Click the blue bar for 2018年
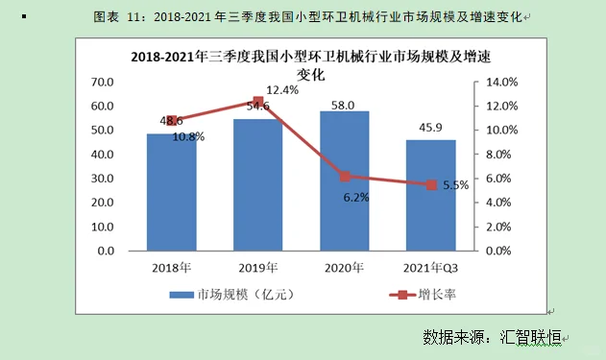click(x=172, y=192)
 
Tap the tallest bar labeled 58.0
click(x=344, y=180)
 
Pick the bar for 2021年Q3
click(x=430, y=195)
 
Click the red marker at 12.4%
click(x=257, y=102)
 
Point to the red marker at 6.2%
click(x=344, y=176)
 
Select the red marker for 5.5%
click(x=431, y=184)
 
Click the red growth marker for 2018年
click(x=173, y=120)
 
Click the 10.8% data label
click(x=188, y=136)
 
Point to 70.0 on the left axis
click(x=103, y=82)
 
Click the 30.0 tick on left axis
click(x=103, y=179)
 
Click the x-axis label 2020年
click(x=344, y=267)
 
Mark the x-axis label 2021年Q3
click(x=430, y=267)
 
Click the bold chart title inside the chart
click(x=304, y=64)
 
